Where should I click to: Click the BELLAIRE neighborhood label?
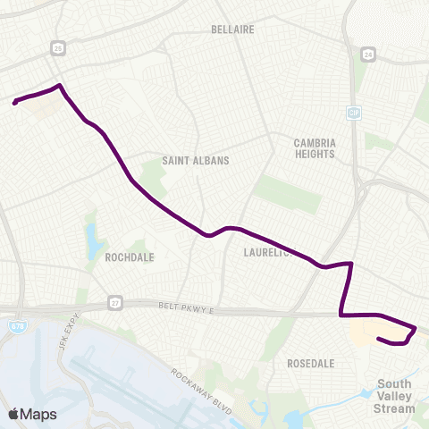tap(232, 29)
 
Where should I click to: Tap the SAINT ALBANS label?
tap(196, 161)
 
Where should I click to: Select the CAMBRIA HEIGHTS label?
tap(314, 148)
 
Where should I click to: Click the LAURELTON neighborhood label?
tap(268, 253)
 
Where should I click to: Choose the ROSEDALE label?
tap(311, 364)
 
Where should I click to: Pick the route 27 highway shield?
tap(114, 302)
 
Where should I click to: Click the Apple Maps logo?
tap(32, 414)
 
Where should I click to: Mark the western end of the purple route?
tap(15, 103)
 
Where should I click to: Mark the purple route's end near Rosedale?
tap(380, 339)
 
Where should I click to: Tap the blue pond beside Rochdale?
tap(93, 240)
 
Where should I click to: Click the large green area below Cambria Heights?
tap(288, 193)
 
